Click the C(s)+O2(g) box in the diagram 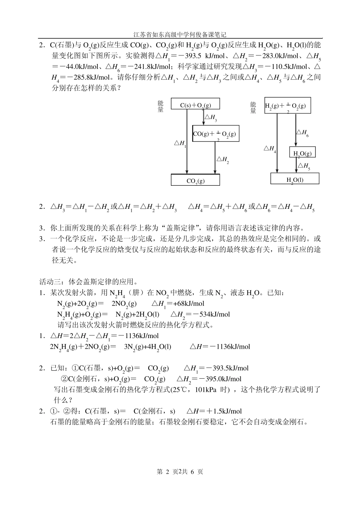click(x=196, y=104)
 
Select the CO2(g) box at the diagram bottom click(x=195, y=180)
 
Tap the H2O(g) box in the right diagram click(x=302, y=152)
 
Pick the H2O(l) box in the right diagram click(x=294, y=179)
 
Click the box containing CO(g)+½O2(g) click(x=216, y=134)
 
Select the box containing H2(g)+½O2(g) click(x=287, y=106)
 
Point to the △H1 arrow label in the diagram click(x=180, y=143)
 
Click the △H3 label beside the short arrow click(x=211, y=118)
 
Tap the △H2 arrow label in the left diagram click(x=222, y=160)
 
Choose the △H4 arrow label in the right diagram click(x=270, y=149)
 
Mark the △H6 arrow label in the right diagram click(x=302, y=133)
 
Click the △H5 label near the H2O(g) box click(x=304, y=166)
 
